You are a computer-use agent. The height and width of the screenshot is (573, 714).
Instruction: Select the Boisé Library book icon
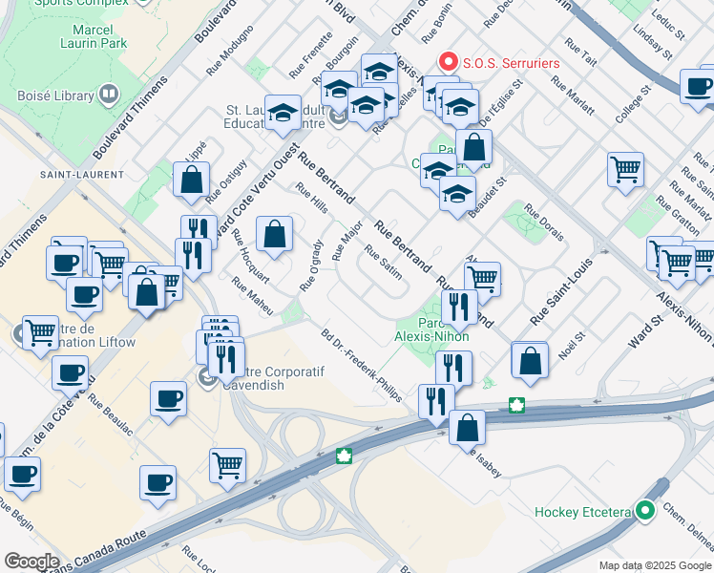tap(107, 95)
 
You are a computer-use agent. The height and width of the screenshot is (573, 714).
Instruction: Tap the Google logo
tap(31, 562)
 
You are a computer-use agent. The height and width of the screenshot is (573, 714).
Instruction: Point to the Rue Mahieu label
tap(253, 295)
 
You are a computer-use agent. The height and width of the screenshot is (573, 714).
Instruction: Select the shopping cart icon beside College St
tap(625, 170)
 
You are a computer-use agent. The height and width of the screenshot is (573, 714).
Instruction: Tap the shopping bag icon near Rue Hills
tap(274, 234)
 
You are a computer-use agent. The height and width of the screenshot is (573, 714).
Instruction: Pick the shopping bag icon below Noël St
tap(530, 361)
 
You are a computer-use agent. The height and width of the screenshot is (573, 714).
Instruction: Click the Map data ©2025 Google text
tap(655, 563)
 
